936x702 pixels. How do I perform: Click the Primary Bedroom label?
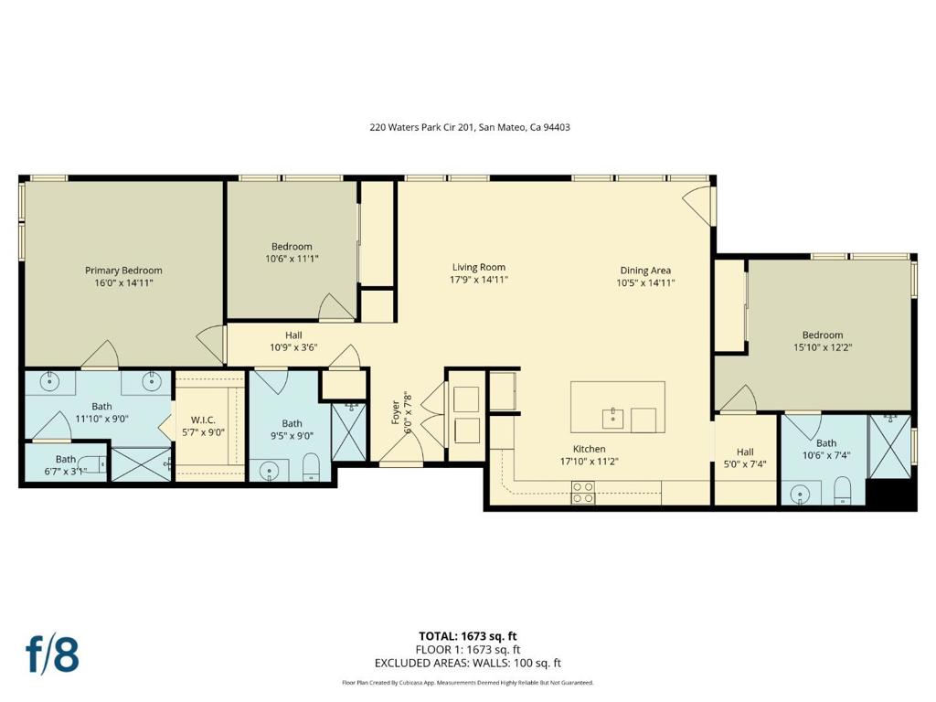(123, 271)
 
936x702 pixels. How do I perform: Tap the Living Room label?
(479, 268)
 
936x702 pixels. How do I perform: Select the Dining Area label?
(645, 271)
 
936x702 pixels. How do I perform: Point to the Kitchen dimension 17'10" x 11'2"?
(590, 462)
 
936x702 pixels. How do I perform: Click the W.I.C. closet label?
(203, 420)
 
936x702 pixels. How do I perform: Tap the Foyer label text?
(395, 412)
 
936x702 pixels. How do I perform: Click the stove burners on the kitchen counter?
(583, 492)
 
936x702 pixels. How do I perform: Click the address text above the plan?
(470, 127)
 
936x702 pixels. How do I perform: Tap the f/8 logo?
(52, 654)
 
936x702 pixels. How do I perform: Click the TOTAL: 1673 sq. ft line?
(467, 636)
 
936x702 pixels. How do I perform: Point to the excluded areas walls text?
(467, 663)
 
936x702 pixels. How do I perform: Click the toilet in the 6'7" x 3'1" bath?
(93, 463)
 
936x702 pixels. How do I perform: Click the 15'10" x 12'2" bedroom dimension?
(823, 346)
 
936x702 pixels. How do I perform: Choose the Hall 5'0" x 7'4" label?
(745, 458)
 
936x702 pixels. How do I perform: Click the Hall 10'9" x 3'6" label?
(293, 341)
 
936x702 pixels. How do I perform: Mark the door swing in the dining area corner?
(697, 204)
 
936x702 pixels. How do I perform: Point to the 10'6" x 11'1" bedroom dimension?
(292, 259)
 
